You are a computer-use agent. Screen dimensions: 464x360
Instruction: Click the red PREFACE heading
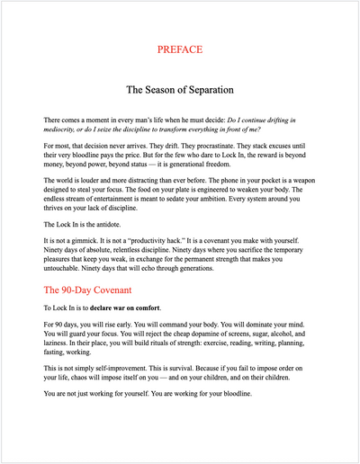[179, 49]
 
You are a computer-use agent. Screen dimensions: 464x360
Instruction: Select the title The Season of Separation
[179, 90]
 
